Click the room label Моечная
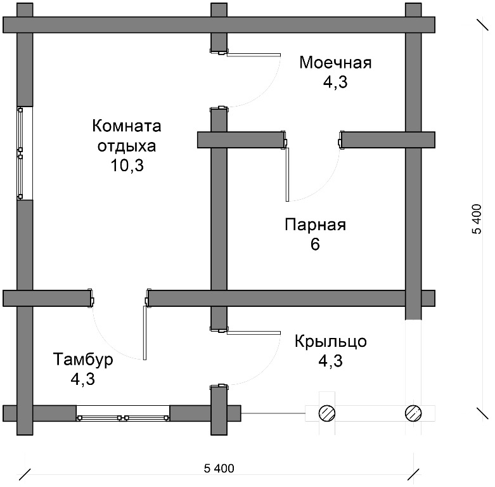click(x=335, y=63)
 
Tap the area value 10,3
click(x=127, y=165)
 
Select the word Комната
click(x=127, y=126)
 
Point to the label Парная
click(x=316, y=225)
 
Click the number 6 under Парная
click(x=315, y=244)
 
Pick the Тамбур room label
click(x=83, y=360)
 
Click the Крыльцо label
click(x=331, y=341)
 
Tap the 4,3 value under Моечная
click(x=335, y=82)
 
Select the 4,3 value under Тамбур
click(x=82, y=379)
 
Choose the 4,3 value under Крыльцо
click(x=330, y=361)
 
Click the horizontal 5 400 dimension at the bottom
click(x=219, y=469)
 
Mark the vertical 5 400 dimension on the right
click(x=477, y=219)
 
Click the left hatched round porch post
click(x=327, y=413)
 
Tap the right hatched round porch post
click(x=413, y=413)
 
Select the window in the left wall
click(x=20, y=153)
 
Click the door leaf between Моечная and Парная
click(x=287, y=174)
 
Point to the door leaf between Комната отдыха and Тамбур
click(x=145, y=333)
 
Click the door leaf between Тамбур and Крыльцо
click(x=254, y=333)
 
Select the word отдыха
click(x=127, y=146)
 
